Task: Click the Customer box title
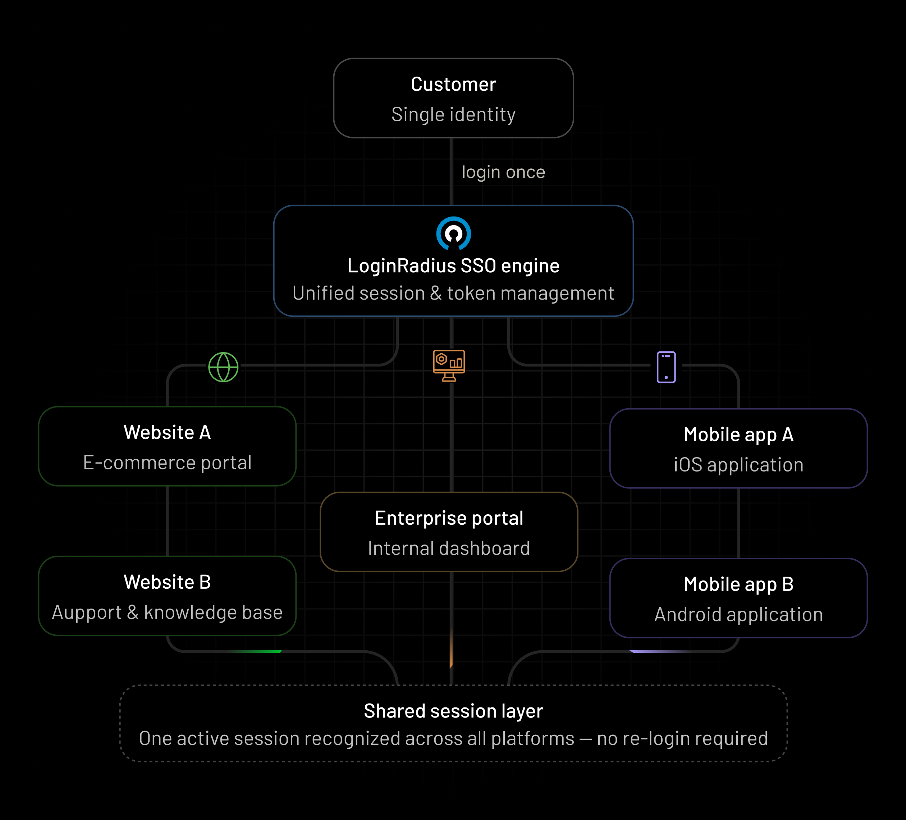pos(453,85)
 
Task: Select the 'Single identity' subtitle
pos(453,115)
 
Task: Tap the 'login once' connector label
pos(503,172)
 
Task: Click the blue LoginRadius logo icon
pos(453,233)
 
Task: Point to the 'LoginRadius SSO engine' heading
pos(453,266)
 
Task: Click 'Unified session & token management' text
pos(453,293)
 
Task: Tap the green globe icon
pos(223,367)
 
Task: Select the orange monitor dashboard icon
pos(449,365)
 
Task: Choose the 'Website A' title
pos(167,432)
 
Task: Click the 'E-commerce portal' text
pos(167,463)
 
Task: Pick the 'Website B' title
pos(167,582)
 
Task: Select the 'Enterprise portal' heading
pos(449,518)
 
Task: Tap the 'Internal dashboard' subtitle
pos(449,548)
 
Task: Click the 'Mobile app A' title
pos(738,435)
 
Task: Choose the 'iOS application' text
pos(738,465)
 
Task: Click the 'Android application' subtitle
pos(738,615)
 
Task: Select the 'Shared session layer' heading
pos(453,711)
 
